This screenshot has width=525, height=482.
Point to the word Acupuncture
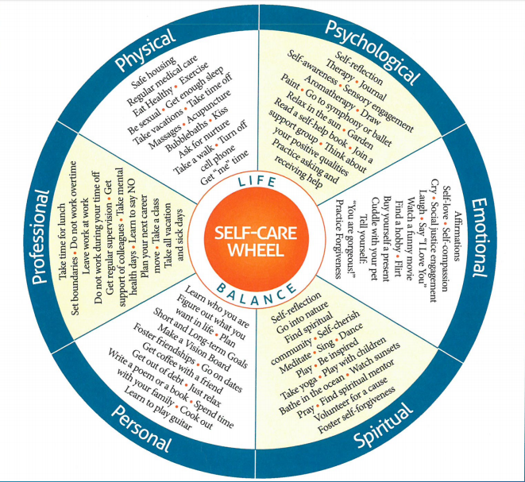[x=214, y=117]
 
